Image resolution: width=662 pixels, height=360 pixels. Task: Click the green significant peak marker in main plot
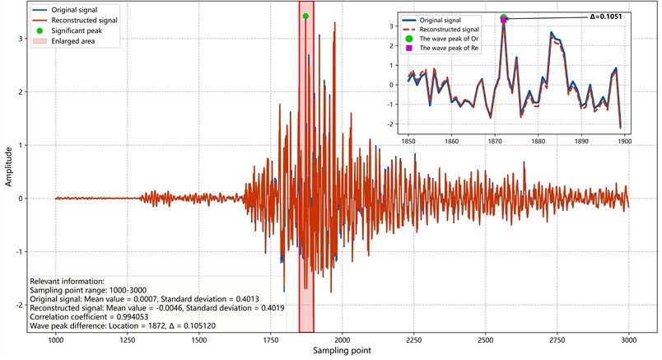coord(305,16)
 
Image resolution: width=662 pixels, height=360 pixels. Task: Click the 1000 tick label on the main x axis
coord(55,340)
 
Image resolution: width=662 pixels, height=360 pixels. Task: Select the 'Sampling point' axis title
coord(342,352)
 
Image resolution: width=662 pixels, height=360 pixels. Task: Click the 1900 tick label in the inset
coord(624,141)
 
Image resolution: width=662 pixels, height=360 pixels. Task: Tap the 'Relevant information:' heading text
coord(67,281)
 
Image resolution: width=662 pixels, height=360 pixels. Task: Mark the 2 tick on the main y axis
coord(20,91)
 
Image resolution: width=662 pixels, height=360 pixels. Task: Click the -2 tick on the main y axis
coord(18,305)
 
